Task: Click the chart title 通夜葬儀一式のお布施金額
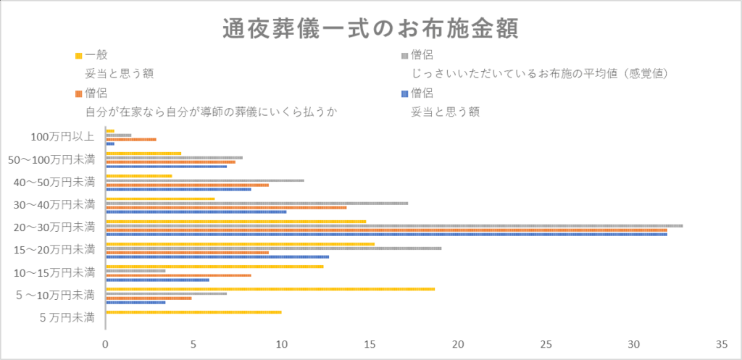tap(370, 30)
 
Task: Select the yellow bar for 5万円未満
tap(193, 312)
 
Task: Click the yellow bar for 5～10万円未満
tap(270, 289)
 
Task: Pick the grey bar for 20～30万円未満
tap(394, 225)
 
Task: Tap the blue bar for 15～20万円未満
tap(217, 256)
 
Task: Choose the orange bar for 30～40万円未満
tap(226, 207)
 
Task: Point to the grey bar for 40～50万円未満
tap(205, 180)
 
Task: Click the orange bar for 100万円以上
tap(131, 139)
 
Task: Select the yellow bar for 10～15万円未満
tap(214, 267)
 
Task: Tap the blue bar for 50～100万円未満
tap(167, 167)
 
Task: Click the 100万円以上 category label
tap(62, 137)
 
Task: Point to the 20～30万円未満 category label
tap(54, 227)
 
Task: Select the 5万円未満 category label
tap(67, 317)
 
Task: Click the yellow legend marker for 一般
tap(78, 56)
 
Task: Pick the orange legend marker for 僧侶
tap(78, 93)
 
